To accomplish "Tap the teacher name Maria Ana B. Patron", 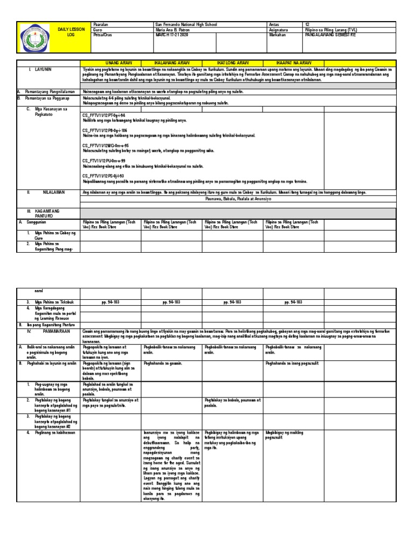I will [172, 30].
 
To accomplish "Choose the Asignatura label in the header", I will [279, 30].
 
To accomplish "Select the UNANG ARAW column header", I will [110, 63].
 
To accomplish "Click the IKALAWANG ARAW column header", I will [171, 63].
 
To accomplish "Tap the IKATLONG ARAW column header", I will [232, 63].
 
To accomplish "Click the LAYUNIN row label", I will [40, 70].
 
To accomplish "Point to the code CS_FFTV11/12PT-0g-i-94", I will [103, 116].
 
